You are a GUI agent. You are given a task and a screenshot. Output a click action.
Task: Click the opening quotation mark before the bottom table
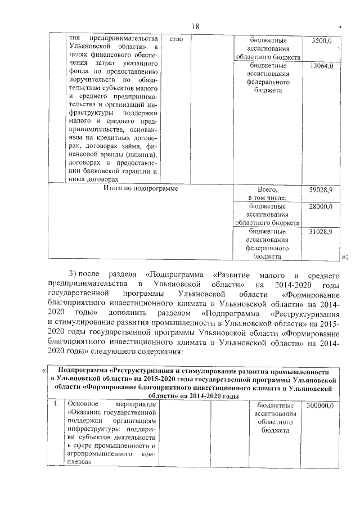click(44, 371)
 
